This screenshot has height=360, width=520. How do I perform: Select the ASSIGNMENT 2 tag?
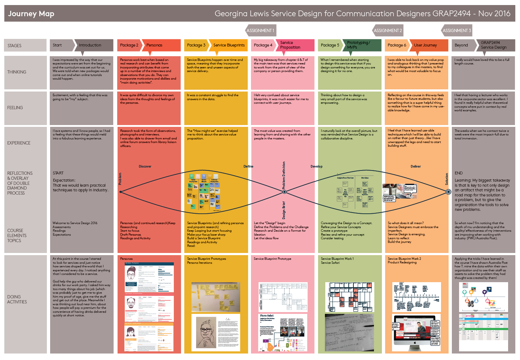pos(387,31)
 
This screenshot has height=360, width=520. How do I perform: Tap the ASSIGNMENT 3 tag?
pos(457,31)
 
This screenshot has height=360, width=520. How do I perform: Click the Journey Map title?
pos(31,14)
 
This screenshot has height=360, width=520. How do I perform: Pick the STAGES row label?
pos(14,46)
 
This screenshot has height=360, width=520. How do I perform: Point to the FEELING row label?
pos(15,108)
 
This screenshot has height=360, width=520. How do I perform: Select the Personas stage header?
pos(154,45)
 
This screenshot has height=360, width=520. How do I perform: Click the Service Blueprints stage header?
pos(229,45)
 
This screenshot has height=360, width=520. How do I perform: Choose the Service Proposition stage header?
pos(290,45)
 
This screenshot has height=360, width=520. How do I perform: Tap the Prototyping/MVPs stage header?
pos(358,45)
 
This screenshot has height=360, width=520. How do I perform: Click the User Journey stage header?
pos(426,45)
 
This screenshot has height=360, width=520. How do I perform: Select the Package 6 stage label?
pos(397,45)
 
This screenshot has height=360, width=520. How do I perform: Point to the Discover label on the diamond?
pos(145,166)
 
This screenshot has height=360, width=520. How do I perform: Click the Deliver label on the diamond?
pos(415,166)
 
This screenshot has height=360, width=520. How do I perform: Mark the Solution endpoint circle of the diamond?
pos(448,192)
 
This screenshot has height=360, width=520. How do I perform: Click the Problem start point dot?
pos(120,192)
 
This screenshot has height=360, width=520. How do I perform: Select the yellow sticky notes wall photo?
pos(215,297)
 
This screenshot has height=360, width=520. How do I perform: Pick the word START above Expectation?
pos(58,173)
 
